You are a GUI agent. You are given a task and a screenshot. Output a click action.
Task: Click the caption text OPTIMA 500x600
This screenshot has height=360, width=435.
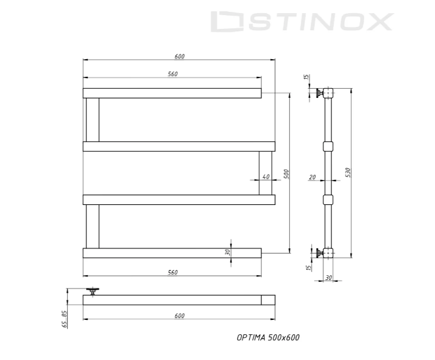tap(267, 337)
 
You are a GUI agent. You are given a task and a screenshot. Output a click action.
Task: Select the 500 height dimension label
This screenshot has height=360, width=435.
tap(286, 172)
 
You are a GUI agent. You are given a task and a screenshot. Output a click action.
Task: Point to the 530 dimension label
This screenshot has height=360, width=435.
tap(348, 172)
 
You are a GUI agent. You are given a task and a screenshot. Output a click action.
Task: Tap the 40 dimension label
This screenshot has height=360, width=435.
tap(265, 177)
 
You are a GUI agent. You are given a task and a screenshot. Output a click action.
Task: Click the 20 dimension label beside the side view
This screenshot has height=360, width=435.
tap(312, 177)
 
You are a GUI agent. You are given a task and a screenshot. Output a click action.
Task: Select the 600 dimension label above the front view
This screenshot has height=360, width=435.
tap(179, 56)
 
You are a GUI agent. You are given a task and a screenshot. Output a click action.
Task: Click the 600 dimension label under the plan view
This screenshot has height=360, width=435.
tap(179, 316)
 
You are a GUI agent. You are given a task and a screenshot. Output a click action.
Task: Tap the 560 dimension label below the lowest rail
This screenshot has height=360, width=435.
tap(172, 272)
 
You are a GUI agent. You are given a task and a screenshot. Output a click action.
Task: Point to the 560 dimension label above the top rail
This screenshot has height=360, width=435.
tap(172, 74)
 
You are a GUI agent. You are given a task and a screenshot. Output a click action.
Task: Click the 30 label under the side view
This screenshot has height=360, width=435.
tap(328, 277)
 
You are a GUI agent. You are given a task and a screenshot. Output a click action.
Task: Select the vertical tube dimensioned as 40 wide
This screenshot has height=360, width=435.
tap(265, 173)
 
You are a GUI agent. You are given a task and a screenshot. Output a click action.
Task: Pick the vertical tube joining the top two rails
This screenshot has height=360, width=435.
tap(92, 120)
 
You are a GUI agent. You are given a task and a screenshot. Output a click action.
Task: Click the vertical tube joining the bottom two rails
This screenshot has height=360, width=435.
tap(92, 226)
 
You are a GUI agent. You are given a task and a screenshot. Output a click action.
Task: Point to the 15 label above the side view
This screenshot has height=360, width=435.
tap(306, 78)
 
